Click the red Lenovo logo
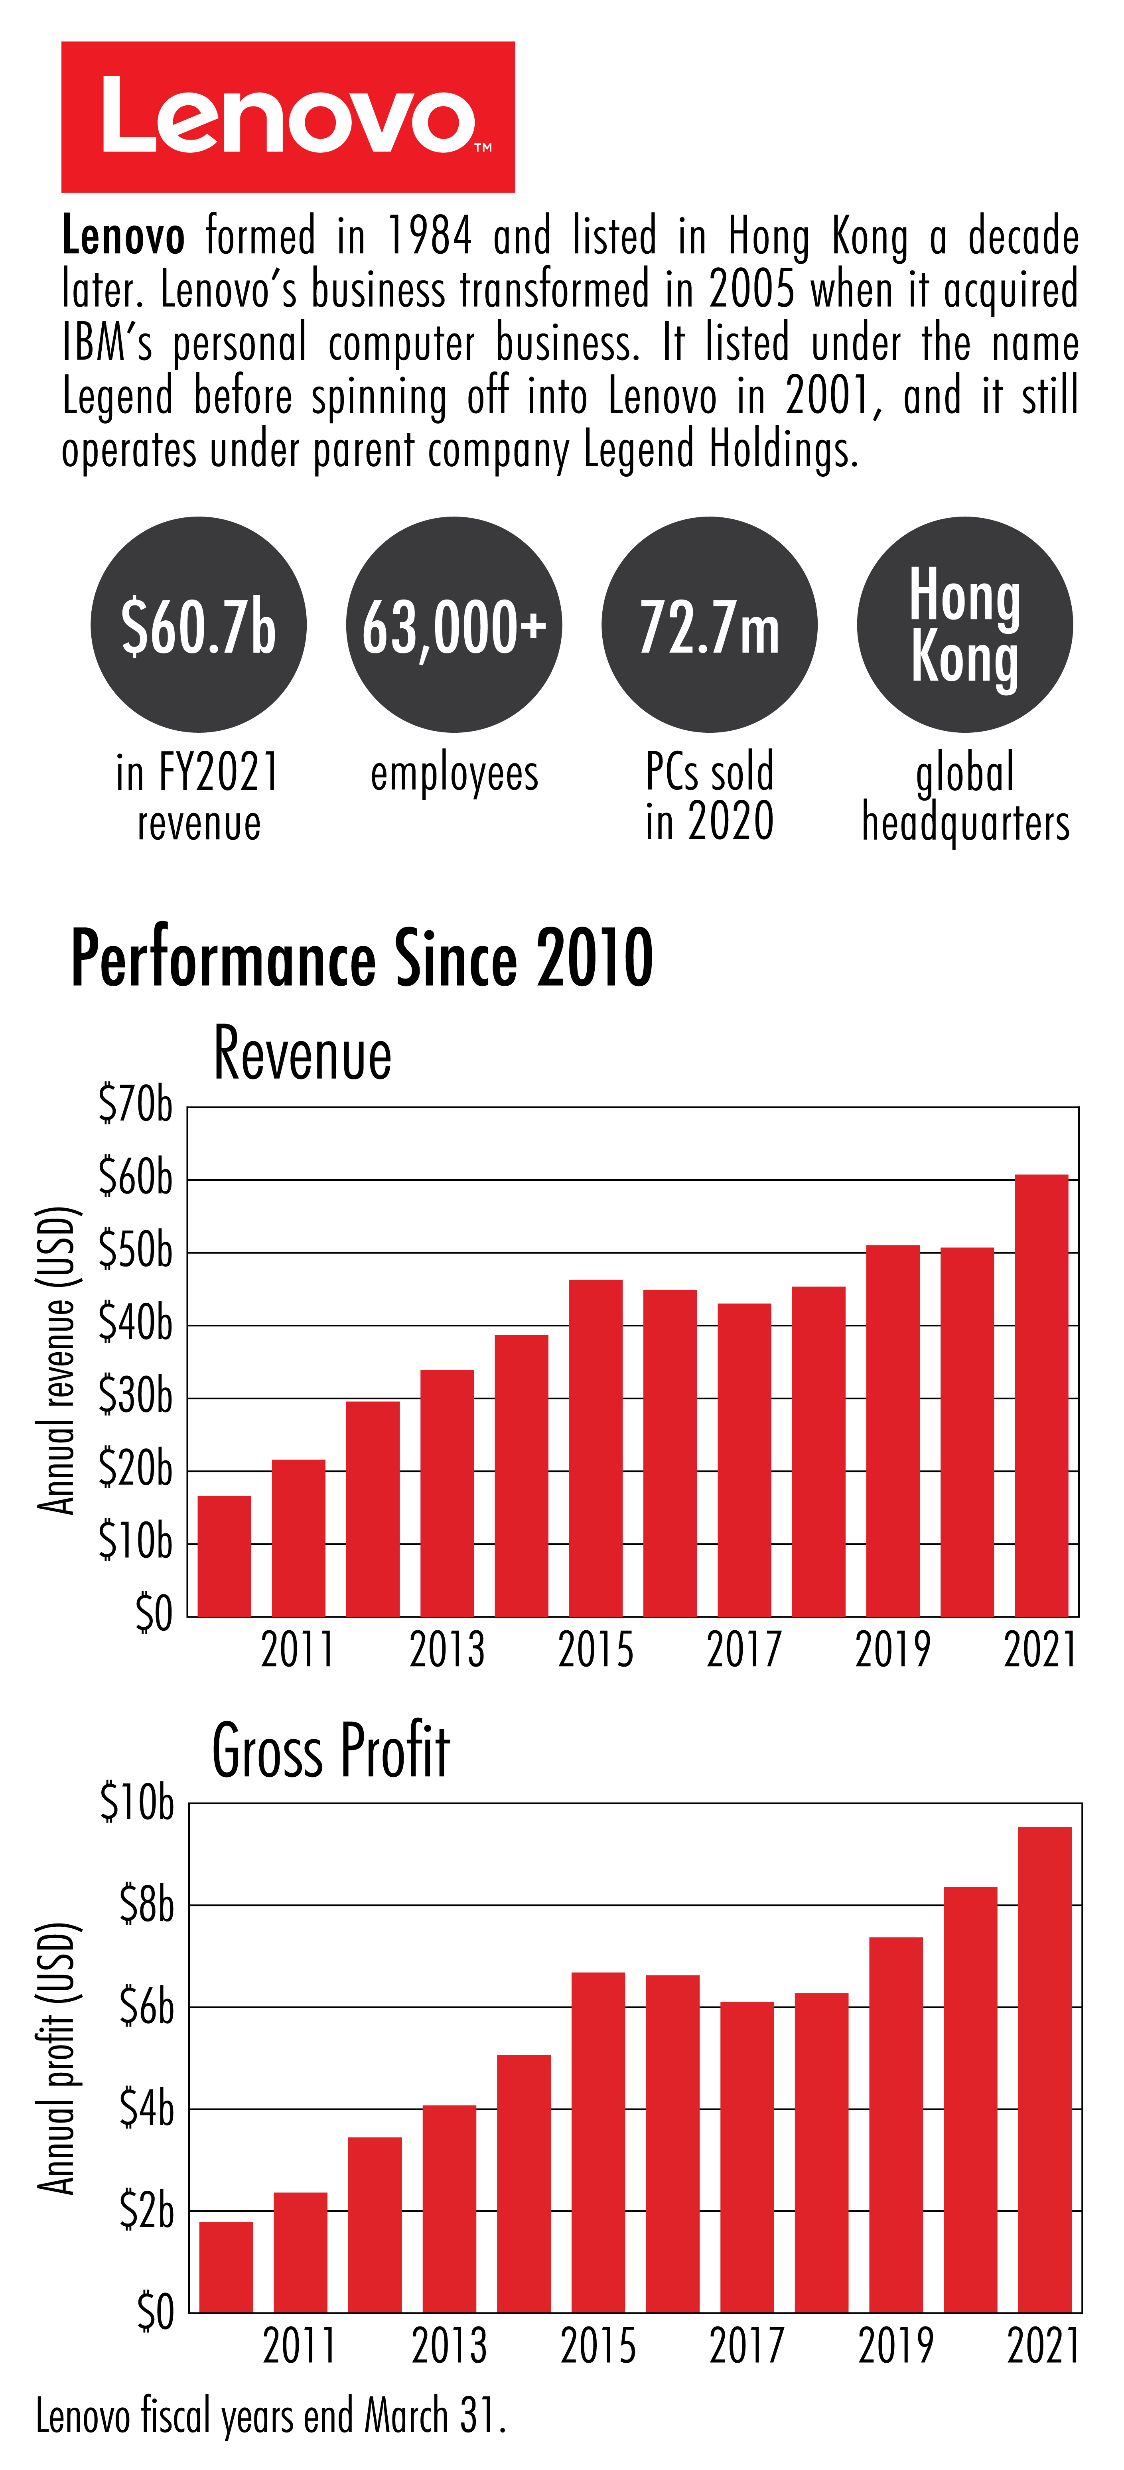pyautogui.click(x=288, y=117)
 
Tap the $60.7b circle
pyautogui.click(x=199, y=625)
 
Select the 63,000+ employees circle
pyautogui.click(x=454, y=625)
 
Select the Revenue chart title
pyautogui.click(x=302, y=1054)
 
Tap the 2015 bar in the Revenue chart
pyautogui.click(x=596, y=1448)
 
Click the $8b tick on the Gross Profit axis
pyautogui.click(x=146, y=1904)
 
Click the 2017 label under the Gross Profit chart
pyautogui.click(x=746, y=2346)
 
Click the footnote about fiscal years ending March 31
pyautogui.click(x=270, y=2415)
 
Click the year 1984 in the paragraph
pyautogui.click(x=429, y=236)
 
